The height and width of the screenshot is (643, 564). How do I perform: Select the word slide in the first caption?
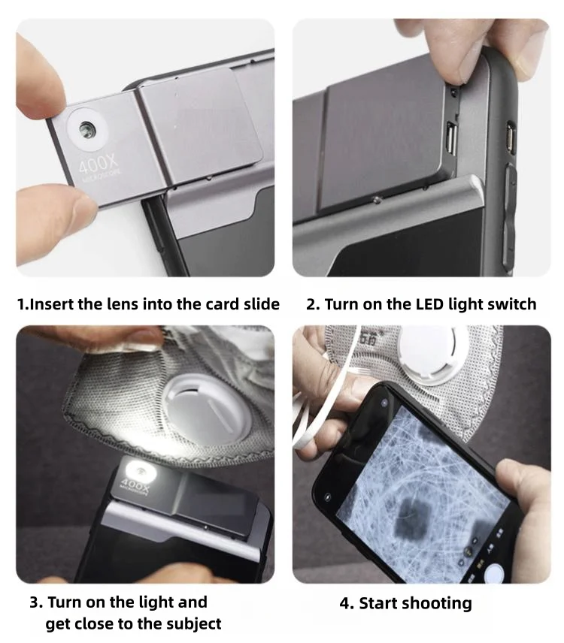coord(258,304)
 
